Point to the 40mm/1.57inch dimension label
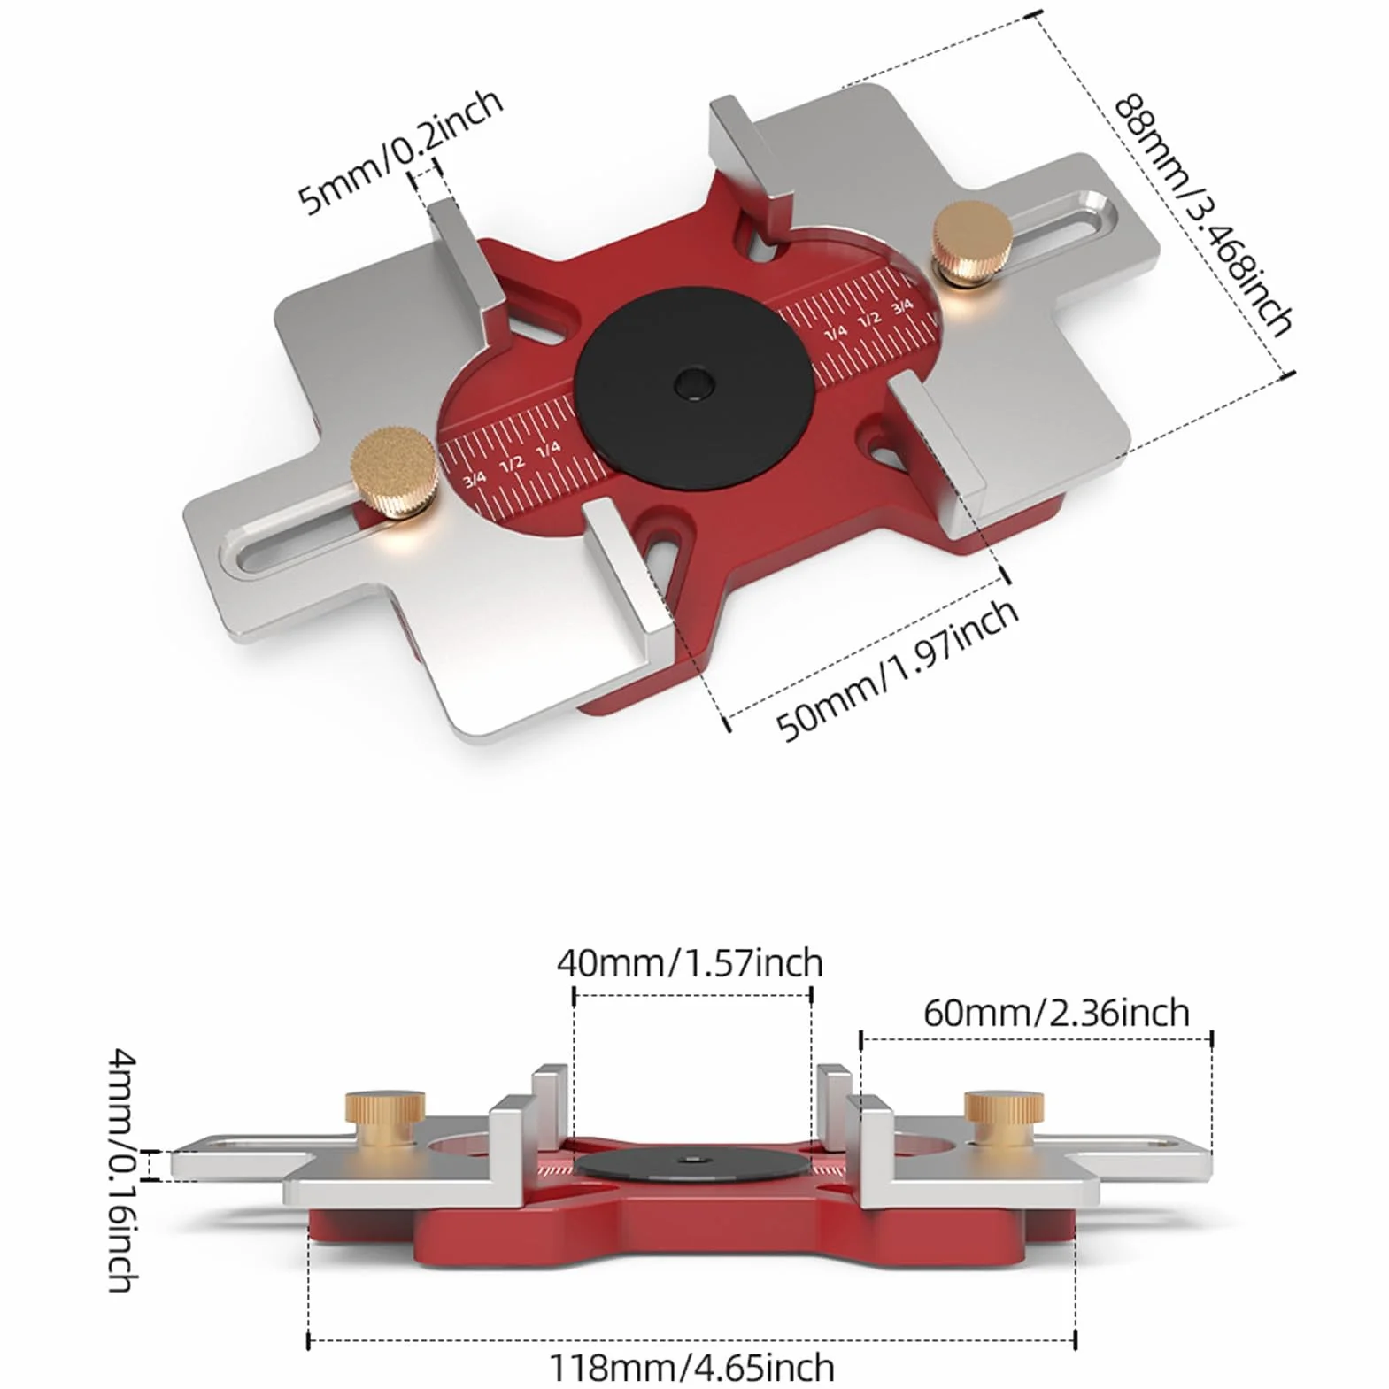pos(690,962)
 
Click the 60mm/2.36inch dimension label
pos(1056,1012)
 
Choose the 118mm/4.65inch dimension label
pos(692,1368)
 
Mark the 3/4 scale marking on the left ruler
pos(475,478)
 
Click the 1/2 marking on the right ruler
pos(869,319)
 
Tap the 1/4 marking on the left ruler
pos(549,448)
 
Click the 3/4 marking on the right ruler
pos(902,307)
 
